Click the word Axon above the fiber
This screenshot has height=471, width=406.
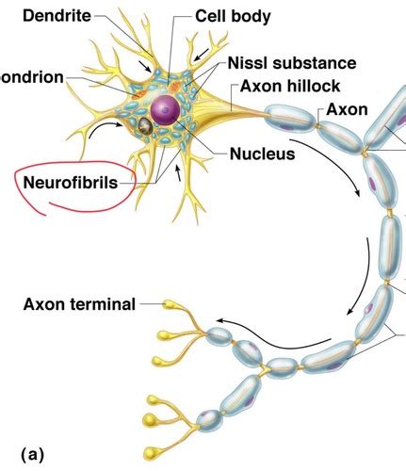pyautogui.click(x=347, y=110)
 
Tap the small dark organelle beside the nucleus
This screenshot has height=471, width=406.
pyautogui.click(x=146, y=125)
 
